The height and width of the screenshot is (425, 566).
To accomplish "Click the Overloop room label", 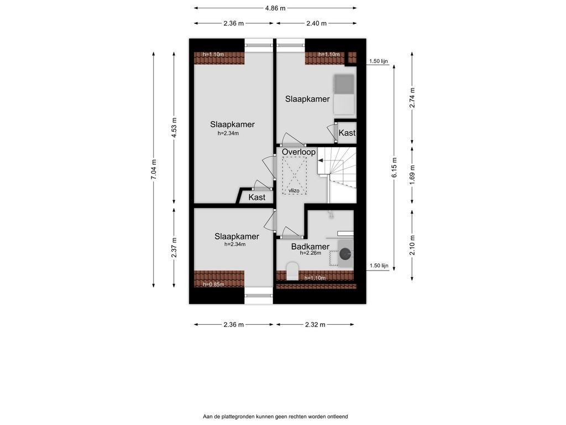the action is pos(298,152).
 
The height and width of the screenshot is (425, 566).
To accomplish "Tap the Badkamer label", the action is pos(310,247).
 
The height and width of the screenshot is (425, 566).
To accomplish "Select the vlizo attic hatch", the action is pos(294,176).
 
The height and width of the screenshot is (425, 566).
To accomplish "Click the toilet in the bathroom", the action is pos(292,271).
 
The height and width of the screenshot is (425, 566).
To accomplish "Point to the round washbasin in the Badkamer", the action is pos(345,254).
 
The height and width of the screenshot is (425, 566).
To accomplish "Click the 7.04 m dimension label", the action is pos(154,169).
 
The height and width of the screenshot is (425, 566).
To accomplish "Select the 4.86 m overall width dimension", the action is pos(275,8).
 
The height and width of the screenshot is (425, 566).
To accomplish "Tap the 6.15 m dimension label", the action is pos(394,167).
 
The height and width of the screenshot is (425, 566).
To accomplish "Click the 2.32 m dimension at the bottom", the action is pos(315,324).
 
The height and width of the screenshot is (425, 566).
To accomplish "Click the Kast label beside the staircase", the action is pos(347,133).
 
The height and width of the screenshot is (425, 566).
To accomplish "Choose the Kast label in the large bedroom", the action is pos(256,198).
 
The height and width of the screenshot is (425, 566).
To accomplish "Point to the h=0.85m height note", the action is pos(214,284).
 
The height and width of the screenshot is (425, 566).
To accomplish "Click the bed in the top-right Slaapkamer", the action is pos(344,94).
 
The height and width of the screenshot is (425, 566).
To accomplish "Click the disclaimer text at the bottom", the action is pos(275,417).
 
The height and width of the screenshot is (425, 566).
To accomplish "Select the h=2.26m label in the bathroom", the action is pos(311,253).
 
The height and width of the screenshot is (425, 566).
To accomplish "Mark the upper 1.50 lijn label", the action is pos(378,61).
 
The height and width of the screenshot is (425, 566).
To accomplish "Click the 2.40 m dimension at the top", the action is pos(316,23).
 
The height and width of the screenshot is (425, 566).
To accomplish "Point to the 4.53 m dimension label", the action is pos(175,128).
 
